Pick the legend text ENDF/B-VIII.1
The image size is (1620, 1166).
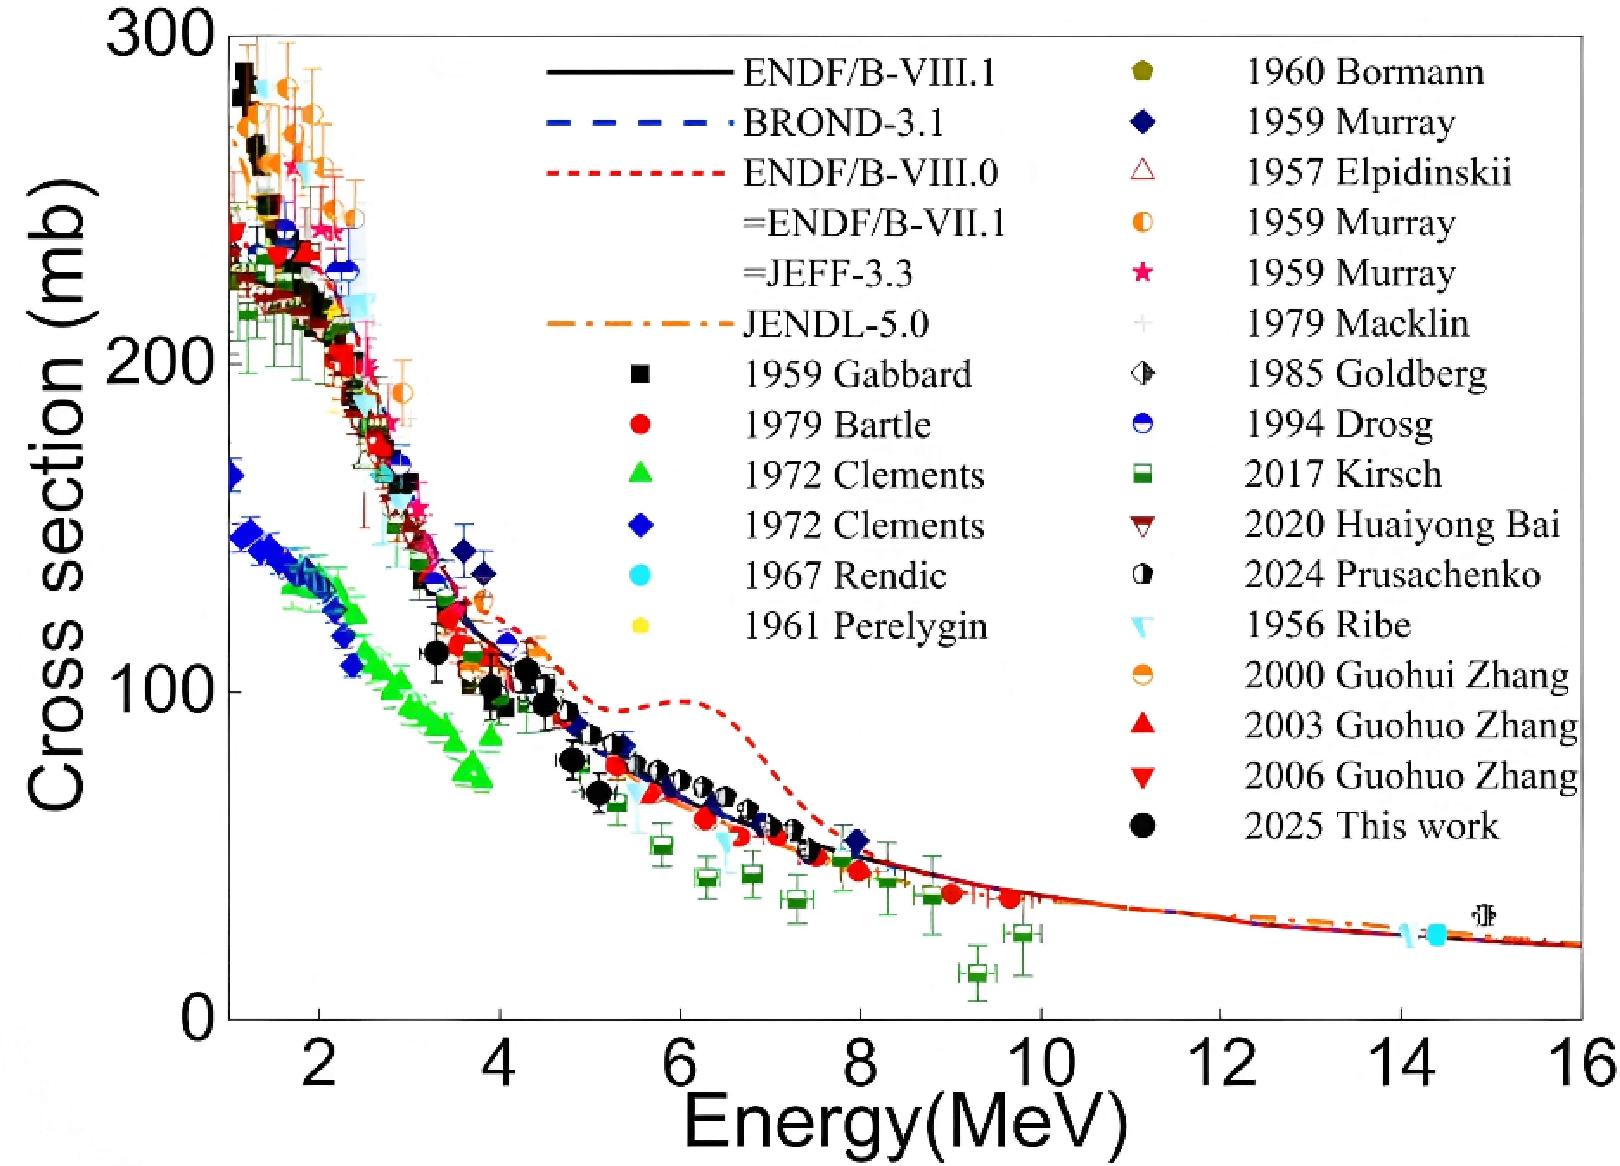point(869,73)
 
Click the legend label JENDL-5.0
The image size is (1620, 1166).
point(836,324)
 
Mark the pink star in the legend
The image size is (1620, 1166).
point(1143,273)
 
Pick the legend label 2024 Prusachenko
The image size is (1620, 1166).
point(1391,575)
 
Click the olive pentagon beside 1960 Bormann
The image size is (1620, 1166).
point(1143,71)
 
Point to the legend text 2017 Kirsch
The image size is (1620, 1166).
point(1343,474)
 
